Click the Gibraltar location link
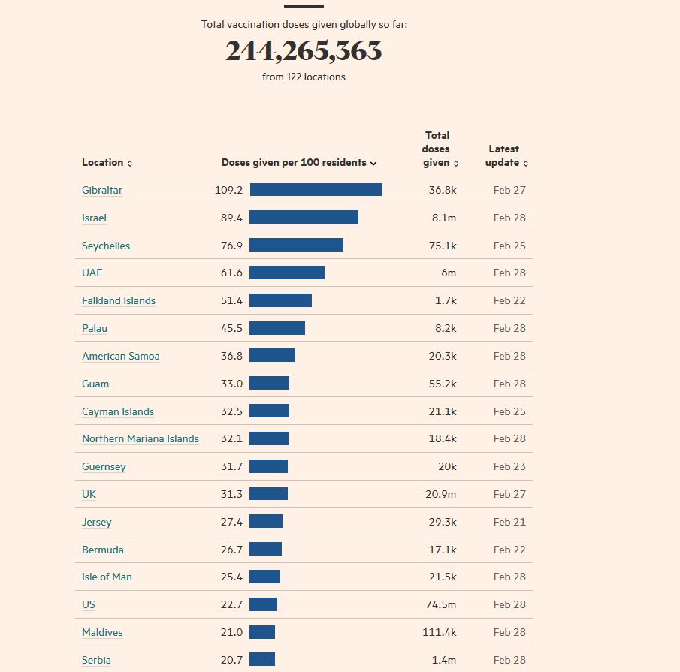coord(102,190)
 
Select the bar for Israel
coord(304,217)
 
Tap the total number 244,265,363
coord(304,51)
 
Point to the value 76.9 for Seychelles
coord(231,246)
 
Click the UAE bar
coord(287,273)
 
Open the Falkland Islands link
coord(119,300)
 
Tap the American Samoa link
coord(121,356)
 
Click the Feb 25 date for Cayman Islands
coord(509,411)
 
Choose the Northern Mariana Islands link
coord(141,438)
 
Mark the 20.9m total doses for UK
coord(443,494)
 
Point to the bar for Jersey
coord(266,521)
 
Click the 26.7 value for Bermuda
coord(231,550)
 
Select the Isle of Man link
coord(107,577)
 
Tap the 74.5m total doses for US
coord(443,604)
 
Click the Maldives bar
coord(262,632)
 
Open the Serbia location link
coord(96,660)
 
